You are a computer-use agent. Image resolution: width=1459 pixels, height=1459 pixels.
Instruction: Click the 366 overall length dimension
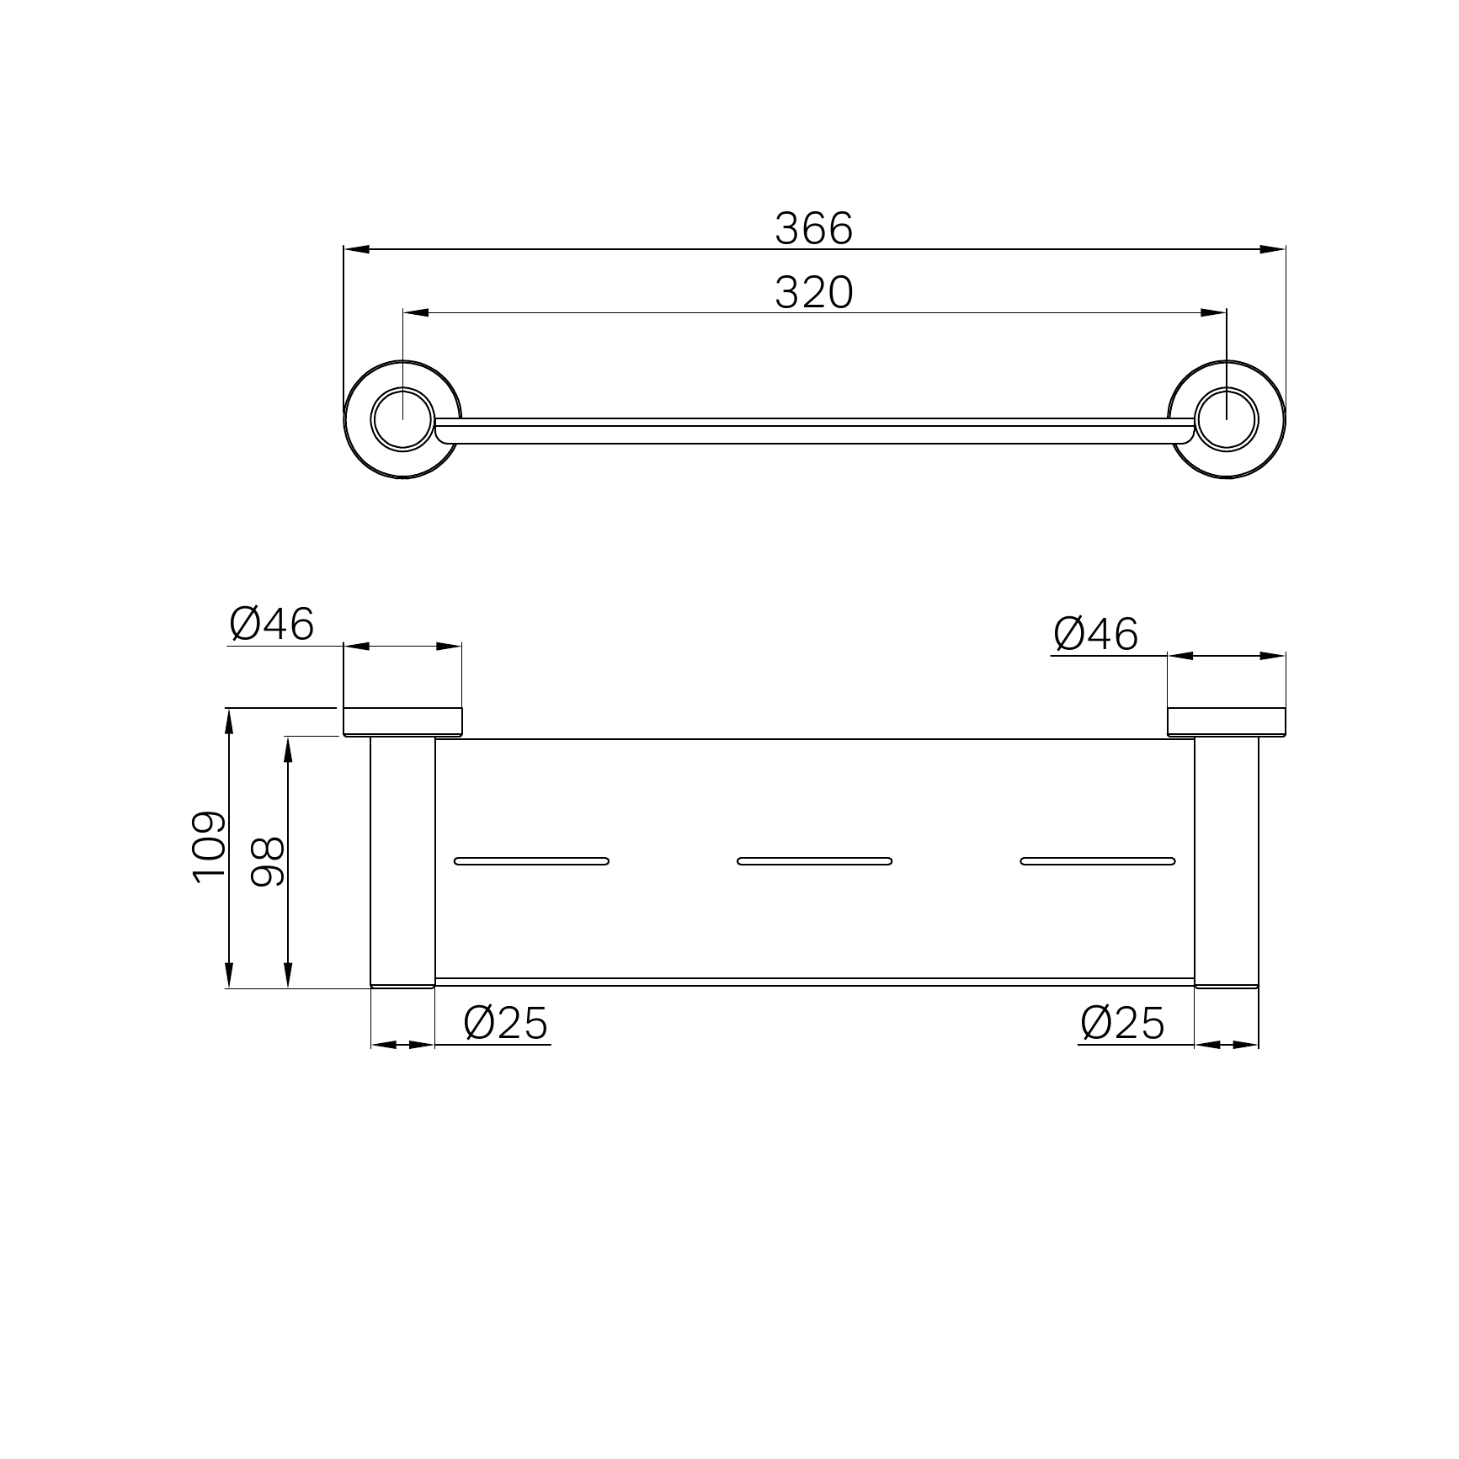click(x=813, y=229)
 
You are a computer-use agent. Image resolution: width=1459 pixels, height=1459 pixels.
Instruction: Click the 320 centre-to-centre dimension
click(x=813, y=293)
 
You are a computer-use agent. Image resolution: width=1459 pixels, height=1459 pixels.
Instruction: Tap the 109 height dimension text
click(x=209, y=847)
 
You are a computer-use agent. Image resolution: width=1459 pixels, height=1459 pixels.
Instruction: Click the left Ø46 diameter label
click(x=271, y=625)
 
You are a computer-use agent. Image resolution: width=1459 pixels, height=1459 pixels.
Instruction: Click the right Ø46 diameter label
click(x=1095, y=634)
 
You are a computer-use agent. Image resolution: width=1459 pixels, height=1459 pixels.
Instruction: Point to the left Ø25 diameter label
click(x=505, y=1024)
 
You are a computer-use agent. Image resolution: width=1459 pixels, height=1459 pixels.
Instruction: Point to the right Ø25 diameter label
click(x=1122, y=1024)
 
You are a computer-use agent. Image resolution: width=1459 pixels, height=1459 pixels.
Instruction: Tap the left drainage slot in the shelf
click(x=531, y=860)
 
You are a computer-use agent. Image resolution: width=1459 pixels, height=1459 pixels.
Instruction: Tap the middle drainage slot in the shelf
click(x=814, y=860)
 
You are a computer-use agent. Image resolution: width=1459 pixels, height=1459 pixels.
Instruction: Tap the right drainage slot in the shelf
click(x=1097, y=860)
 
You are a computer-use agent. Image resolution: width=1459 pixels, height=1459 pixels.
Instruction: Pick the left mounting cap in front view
click(x=402, y=722)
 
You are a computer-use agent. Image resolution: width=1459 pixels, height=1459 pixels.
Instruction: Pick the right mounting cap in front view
click(x=1226, y=722)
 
